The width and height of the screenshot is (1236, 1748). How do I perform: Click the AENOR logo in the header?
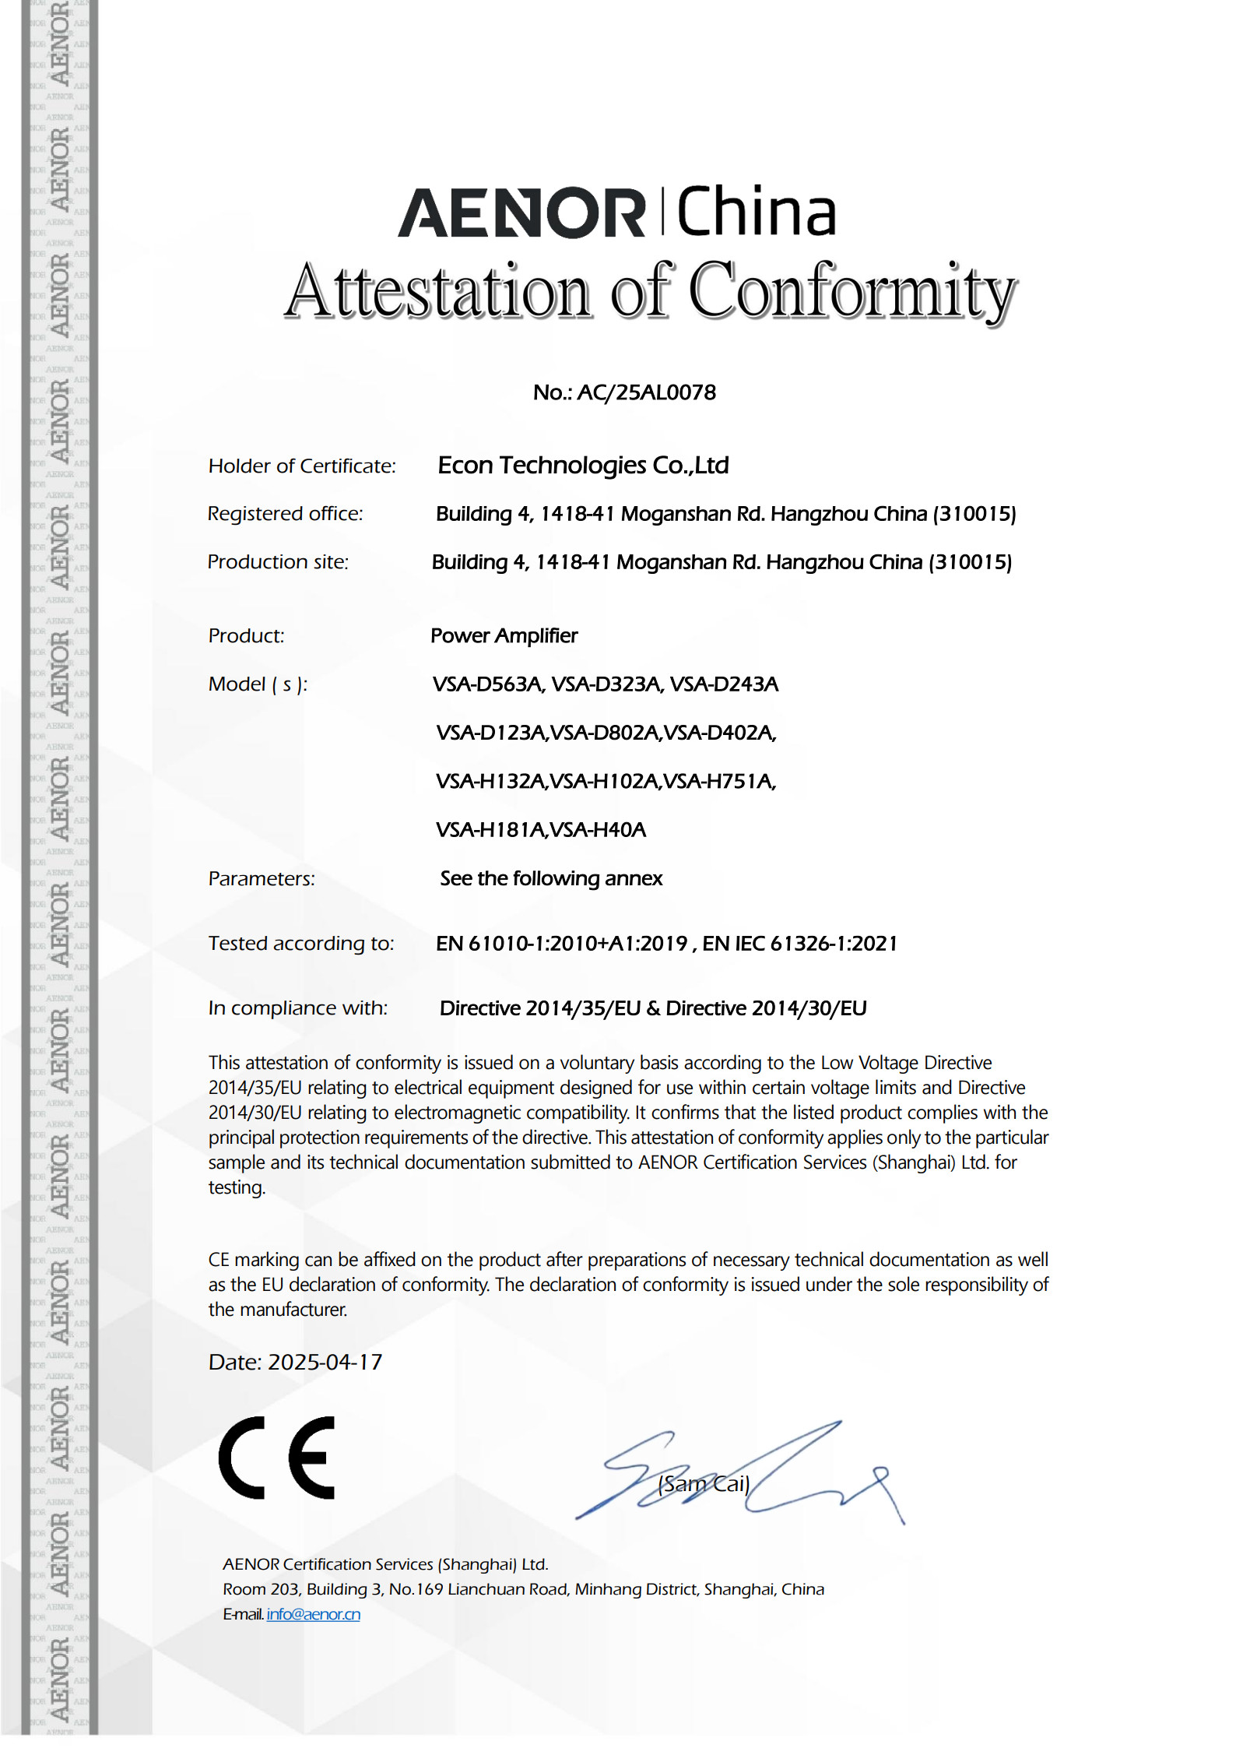coord(521,213)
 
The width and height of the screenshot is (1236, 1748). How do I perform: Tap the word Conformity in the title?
coord(852,292)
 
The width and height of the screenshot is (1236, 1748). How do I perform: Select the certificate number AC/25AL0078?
coord(646,392)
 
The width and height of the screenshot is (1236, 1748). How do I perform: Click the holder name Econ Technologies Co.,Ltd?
coord(583,466)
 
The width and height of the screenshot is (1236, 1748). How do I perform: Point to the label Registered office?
coord(285,514)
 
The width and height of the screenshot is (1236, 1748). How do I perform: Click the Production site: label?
coord(278,562)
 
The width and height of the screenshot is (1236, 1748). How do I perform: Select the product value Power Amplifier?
coord(504,636)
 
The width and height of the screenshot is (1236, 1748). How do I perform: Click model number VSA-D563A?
coord(488,684)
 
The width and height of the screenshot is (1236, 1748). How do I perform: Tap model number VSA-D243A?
coord(724,684)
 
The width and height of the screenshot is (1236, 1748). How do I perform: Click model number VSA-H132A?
coord(491,781)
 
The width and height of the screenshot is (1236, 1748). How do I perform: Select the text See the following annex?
coord(551,879)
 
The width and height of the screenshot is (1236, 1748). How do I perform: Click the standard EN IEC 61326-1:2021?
coord(799,944)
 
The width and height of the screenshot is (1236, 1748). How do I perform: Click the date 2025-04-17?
coord(325,1363)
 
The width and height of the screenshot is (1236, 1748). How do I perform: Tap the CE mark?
coord(277,1458)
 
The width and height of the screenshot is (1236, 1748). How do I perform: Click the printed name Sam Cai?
coord(704,1484)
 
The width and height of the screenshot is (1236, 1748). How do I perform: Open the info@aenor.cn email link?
coord(313,1614)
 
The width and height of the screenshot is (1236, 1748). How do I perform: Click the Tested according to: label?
coord(301,944)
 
